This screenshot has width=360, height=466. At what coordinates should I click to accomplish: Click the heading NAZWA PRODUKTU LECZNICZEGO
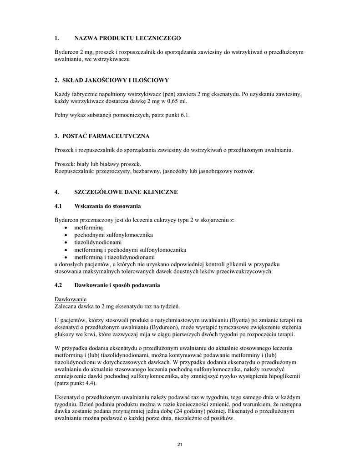pyautogui.click(x=127, y=38)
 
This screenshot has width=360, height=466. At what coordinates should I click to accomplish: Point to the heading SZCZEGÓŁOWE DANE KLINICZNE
pyautogui.click(x=126, y=192)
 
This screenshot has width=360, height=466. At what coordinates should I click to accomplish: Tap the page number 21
pyautogui.click(x=180, y=444)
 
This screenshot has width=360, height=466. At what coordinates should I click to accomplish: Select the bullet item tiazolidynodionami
pyautogui.click(x=98, y=242)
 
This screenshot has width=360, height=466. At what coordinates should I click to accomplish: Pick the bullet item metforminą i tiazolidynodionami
pyautogui.click(x=114, y=257)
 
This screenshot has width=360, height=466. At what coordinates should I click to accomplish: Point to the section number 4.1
pyautogui.click(x=58, y=206)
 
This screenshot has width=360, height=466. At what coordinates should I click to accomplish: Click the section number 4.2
pyautogui.click(x=58, y=285)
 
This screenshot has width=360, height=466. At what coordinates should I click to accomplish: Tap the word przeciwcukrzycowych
pyautogui.click(x=242, y=271)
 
